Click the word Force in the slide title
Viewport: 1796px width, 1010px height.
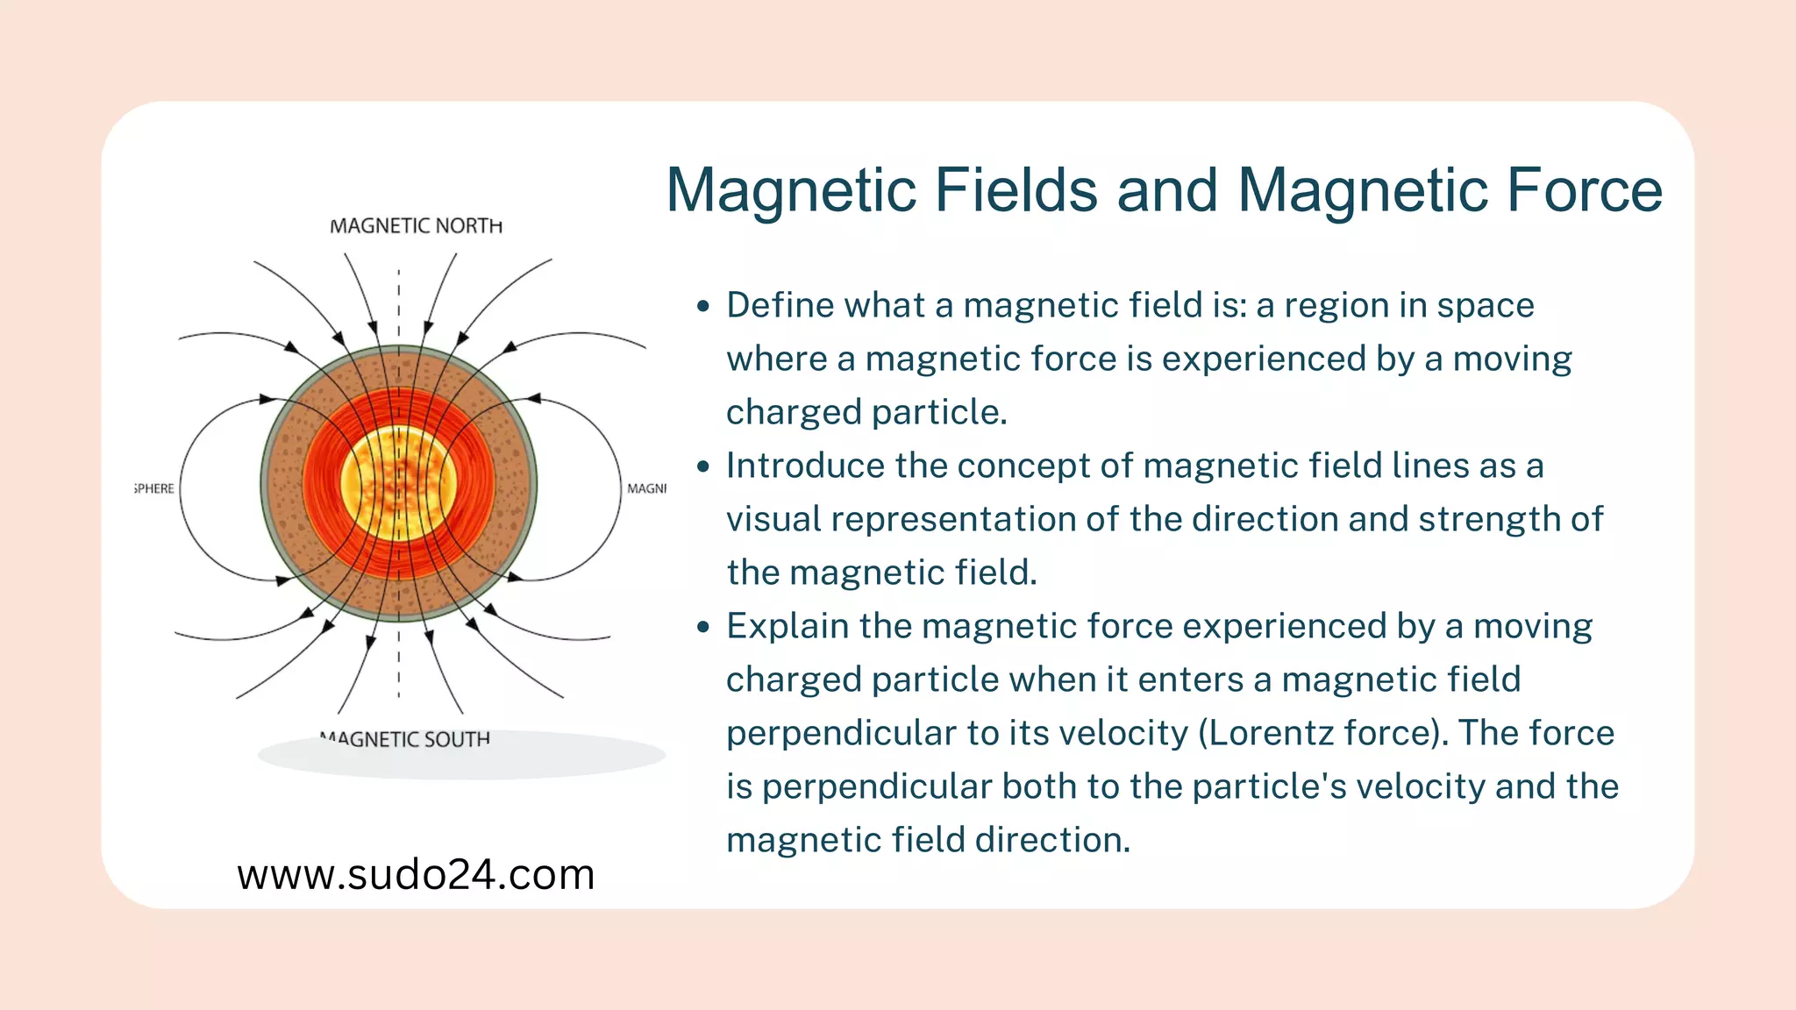tap(1584, 190)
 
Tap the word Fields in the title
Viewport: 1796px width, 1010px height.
tap(1016, 190)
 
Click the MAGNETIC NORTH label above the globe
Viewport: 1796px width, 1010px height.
tap(416, 226)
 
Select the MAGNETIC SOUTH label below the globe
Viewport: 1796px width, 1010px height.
tap(405, 740)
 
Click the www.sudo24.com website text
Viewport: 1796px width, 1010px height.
tap(416, 875)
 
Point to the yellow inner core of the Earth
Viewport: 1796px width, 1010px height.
tap(399, 483)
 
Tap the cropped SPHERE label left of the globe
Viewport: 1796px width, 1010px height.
tap(154, 488)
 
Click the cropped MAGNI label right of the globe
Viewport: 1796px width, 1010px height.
tap(646, 488)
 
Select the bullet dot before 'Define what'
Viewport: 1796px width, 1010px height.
tap(702, 307)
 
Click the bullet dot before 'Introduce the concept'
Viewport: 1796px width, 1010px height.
tap(702, 467)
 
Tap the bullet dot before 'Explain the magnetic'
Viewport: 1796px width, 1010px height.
tap(702, 628)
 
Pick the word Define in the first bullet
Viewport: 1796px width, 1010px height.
tap(780, 306)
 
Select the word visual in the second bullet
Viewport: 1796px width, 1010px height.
tap(773, 520)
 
